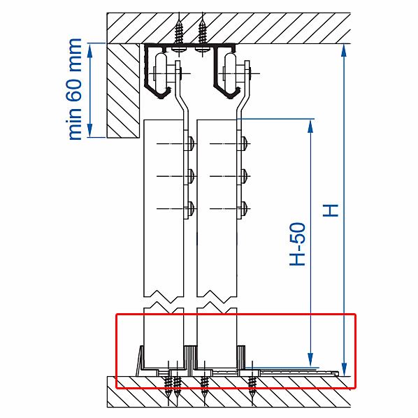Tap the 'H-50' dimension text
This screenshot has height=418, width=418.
coord(297,244)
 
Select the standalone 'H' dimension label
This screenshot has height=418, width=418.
coord(331,210)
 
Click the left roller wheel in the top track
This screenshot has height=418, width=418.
coord(161,71)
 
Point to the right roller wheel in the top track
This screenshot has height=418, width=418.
coord(230,71)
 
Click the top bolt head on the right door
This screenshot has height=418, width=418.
coord(245,144)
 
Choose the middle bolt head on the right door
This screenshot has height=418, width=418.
coord(245,176)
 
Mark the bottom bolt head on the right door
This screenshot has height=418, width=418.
coord(245,208)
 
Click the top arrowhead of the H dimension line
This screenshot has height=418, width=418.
coord(344,50)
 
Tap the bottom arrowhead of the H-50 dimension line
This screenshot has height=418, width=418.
coord(310,361)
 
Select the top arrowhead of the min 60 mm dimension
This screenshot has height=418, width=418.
coord(90,50)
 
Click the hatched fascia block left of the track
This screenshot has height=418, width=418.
coord(123,91)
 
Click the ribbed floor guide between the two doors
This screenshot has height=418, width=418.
coord(190,360)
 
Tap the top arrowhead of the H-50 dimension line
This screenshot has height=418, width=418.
coord(310,126)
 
